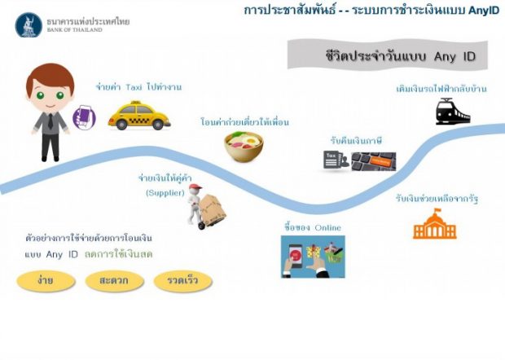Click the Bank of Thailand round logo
(29, 25)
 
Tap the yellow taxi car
(138, 116)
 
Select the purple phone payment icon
(84, 117)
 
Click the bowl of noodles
(244, 147)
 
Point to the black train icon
(453, 112)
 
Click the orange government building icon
(435, 224)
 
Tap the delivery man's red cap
(195, 187)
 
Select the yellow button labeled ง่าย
(46, 281)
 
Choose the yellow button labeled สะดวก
(114, 281)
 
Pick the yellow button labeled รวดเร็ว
(183, 281)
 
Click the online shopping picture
(313, 257)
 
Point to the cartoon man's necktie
(50, 121)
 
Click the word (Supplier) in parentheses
(165, 193)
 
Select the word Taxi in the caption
(134, 87)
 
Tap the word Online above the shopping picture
(328, 228)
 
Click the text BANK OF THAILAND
(74, 30)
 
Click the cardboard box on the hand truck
(213, 207)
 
